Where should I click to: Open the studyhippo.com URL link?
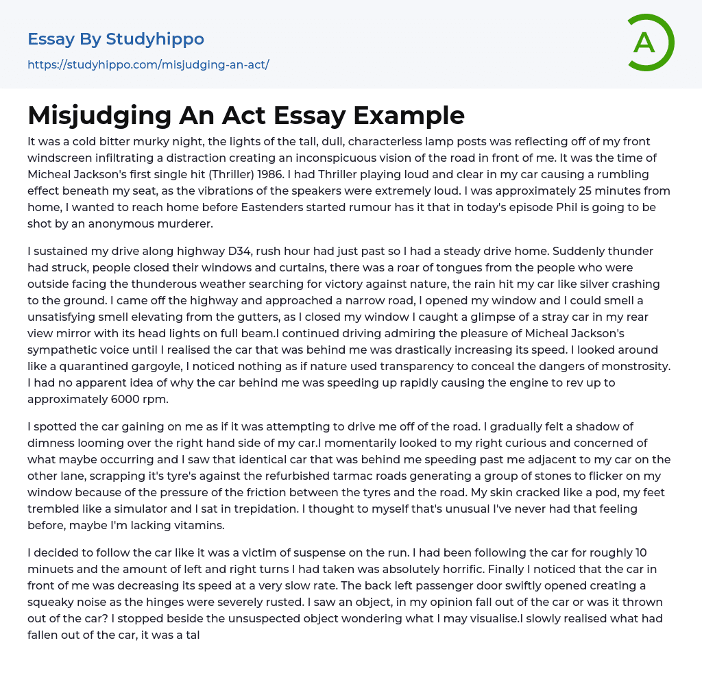(x=148, y=64)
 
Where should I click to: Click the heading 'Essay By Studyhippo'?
(x=116, y=39)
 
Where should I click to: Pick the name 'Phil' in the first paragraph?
(x=555, y=207)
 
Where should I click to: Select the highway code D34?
(x=206, y=251)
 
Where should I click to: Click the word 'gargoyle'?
(x=184, y=366)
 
